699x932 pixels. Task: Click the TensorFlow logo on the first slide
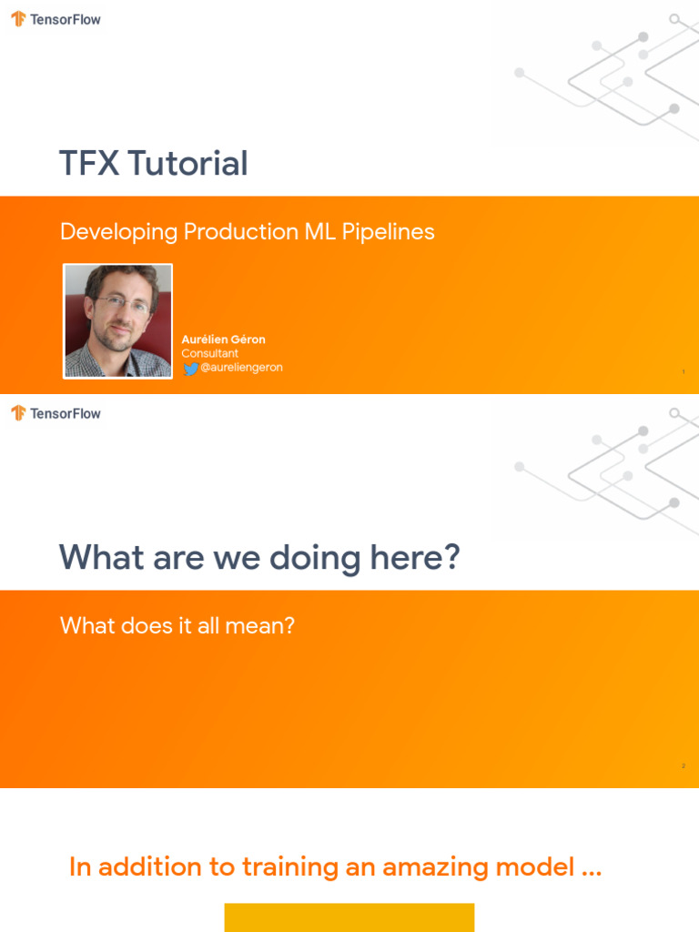pos(18,19)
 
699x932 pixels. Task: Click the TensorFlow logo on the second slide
pos(18,413)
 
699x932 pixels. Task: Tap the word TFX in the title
pos(89,164)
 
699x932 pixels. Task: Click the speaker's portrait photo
pos(117,320)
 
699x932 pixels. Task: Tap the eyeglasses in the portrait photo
pos(123,305)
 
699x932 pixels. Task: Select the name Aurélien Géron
pos(223,339)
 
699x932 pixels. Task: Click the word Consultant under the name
pos(209,353)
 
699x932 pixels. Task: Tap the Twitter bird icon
pos(190,369)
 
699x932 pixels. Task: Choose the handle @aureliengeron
pos(241,368)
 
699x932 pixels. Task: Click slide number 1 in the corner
pos(683,371)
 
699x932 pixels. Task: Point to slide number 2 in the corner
pos(683,766)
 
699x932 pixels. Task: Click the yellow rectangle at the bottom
pos(349,917)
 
